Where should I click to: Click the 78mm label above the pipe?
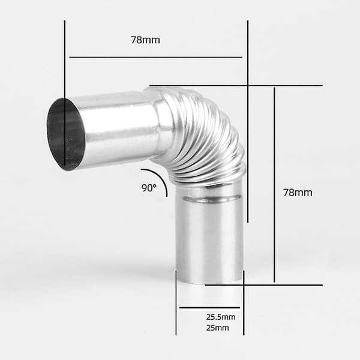click(x=145, y=40)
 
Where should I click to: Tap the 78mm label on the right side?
click(x=298, y=193)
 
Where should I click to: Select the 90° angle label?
click(x=149, y=188)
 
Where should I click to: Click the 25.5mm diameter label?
click(x=221, y=317)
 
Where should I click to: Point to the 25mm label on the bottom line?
click(x=217, y=328)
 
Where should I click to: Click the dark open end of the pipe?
click(x=66, y=134)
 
